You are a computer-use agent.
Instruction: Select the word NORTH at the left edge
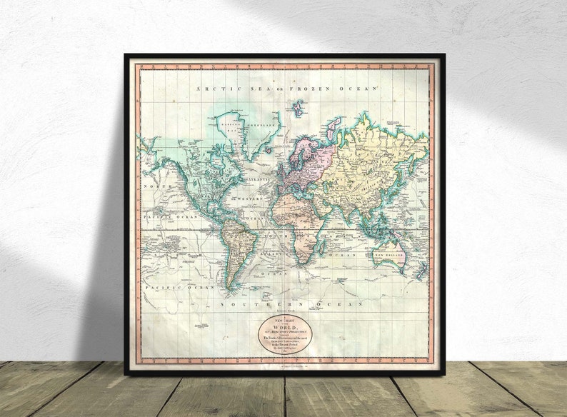(154, 186)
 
